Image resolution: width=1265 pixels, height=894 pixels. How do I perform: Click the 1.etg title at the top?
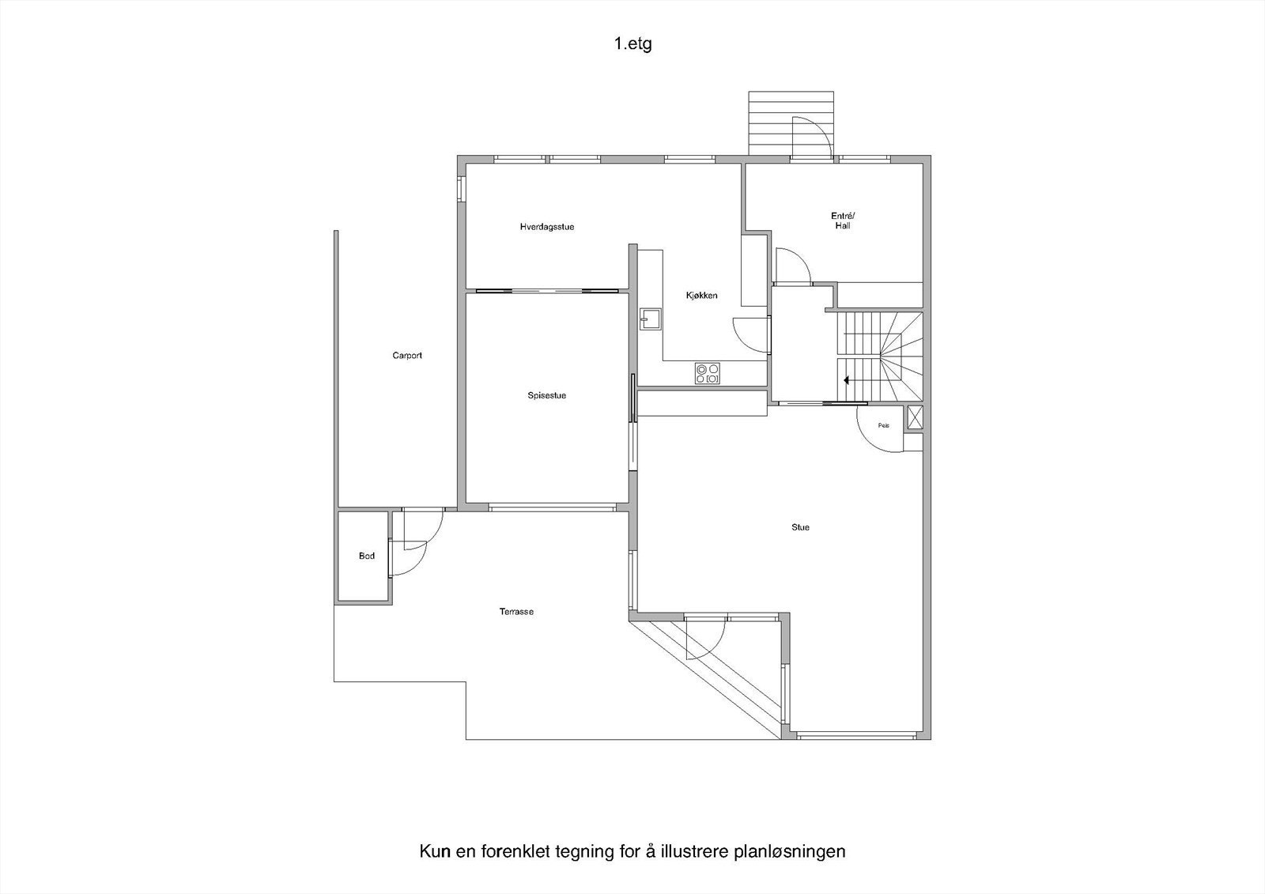coord(632,44)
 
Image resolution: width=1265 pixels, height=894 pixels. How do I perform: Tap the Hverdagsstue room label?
coord(546,227)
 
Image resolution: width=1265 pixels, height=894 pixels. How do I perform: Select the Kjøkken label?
coord(701,296)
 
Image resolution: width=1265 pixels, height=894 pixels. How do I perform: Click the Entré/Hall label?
coord(843,221)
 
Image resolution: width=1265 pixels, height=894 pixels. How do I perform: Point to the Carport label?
coord(407,356)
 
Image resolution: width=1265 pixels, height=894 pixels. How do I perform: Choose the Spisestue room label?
coord(546,395)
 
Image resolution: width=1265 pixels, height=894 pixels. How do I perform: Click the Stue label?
coord(800,527)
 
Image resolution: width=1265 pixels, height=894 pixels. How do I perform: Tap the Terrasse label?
coord(516,612)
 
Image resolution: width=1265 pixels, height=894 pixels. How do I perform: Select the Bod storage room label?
coord(367,556)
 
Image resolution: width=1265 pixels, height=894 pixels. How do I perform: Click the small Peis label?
coord(883,425)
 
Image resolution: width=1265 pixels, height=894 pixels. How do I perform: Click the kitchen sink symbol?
coord(651,318)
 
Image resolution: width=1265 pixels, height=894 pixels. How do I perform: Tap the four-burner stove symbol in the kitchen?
coord(707,373)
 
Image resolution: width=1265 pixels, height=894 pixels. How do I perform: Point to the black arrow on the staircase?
coord(848,380)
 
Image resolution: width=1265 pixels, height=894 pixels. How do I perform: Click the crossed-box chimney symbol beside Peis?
coord(915,417)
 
